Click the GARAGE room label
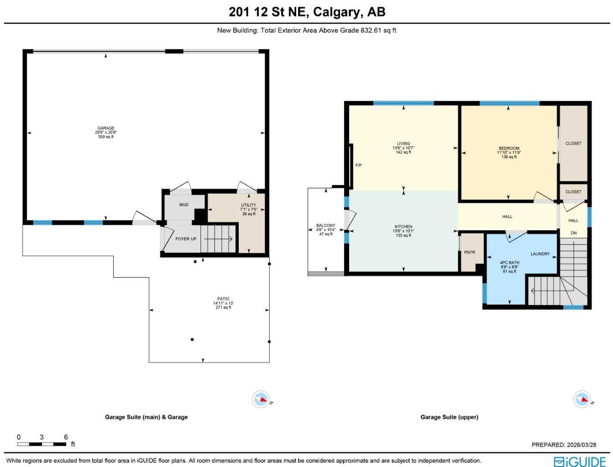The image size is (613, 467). pos(106,128)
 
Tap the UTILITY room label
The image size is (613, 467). pos(249,205)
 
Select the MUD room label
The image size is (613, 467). pos(183,205)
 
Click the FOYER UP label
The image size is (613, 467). pos(186,239)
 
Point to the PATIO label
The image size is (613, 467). pos(223,299)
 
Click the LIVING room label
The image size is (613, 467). pos(403,144)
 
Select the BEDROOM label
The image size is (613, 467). pos(509,148)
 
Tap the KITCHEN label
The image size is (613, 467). pos(403,227)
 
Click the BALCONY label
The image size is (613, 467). pos(326,225)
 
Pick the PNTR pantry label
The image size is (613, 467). pos(469,252)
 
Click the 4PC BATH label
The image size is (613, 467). pos(509,263)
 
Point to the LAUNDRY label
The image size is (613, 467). pos(540,254)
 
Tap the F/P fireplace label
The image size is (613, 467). pos(359,165)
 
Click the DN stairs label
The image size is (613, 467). pos(573,233)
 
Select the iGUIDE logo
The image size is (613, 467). pos(580,461)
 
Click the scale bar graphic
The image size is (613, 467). pos(42,444)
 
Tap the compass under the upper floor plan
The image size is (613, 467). pos(582,400)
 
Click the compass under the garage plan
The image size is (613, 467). pos(262,400)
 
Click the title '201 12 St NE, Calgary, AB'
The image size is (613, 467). pos(307,12)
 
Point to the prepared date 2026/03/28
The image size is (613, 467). pos(564,445)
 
